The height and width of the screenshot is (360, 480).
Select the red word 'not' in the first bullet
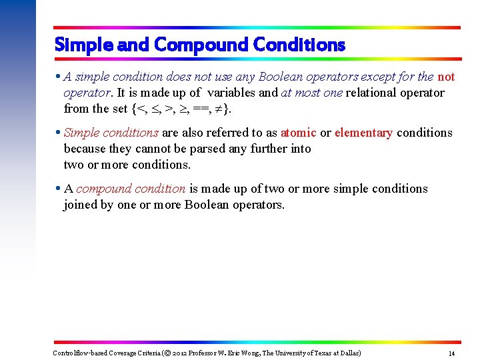(x=446, y=77)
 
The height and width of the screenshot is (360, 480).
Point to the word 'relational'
(x=373, y=93)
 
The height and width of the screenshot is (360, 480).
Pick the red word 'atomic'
(x=298, y=133)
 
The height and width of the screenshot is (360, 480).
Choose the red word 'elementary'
(x=363, y=133)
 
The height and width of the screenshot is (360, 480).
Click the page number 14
(x=451, y=353)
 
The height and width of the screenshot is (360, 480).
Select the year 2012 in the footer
(x=181, y=353)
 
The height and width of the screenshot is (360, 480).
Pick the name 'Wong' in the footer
(x=253, y=353)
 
